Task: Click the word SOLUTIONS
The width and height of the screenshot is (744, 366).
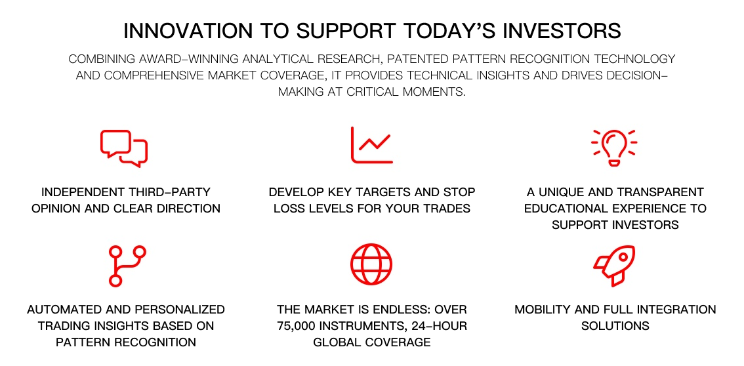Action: click(x=615, y=326)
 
